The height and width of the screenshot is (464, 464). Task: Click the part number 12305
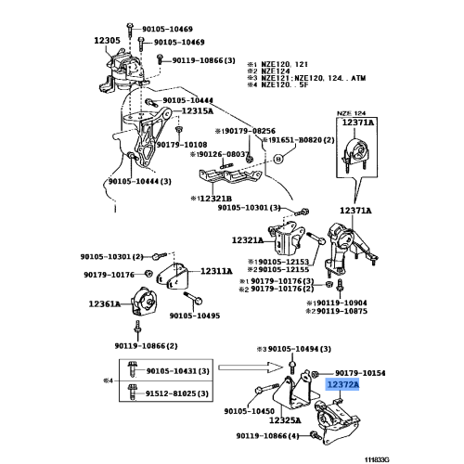pos(108,40)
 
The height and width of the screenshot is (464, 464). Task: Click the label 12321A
pos(250,239)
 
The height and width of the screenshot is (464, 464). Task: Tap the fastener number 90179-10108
pos(181,144)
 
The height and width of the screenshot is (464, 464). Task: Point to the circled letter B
pos(277,159)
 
